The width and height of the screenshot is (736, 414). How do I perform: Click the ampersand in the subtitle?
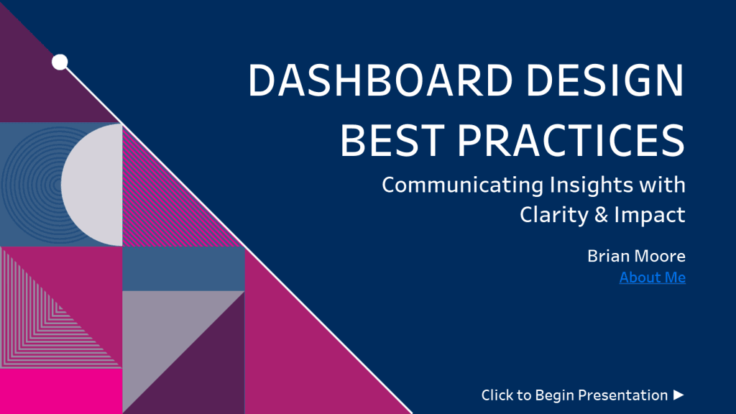click(x=601, y=215)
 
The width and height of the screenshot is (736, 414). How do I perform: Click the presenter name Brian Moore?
click(x=636, y=256)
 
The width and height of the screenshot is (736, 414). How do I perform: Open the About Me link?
click(x=652, y=277)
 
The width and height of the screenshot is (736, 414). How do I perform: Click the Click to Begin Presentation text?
click(x=574, y=395)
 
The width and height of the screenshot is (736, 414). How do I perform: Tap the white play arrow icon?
click(x=678, y=395)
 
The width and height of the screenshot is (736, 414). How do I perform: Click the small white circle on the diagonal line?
click(x=60, y=63)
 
